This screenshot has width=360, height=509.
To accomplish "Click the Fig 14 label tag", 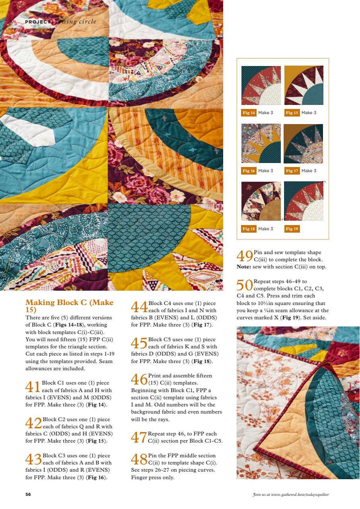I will click(x=249, y=113).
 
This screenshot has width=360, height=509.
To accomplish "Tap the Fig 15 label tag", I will click(x=292, y=113).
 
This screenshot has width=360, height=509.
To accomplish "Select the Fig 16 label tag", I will click(x=249, y=171).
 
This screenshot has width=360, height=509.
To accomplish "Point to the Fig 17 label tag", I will click(x=292, y=171).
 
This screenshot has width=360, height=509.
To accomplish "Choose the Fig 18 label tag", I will click(x=249, y=229).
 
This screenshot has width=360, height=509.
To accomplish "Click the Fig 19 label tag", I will click(x=292, y=229).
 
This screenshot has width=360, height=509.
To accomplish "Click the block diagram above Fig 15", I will click(x=304, y=85).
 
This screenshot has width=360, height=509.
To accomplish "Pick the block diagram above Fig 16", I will click(x=261, y=144).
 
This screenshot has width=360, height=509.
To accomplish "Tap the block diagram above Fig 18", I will click(x=261, y=201).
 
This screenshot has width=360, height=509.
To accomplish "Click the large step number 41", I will click(x=33, y=387).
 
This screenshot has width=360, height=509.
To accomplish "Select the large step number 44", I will click(x=139, y=307).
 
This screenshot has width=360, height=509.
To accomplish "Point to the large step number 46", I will click(x=139, y=379).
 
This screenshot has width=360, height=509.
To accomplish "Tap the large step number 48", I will click(x=139, y=459).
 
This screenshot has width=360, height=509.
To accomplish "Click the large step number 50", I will click(x=245, y=285).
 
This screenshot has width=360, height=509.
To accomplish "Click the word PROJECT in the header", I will click(x=37, y=22).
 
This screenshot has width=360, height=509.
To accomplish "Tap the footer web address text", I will click(x=290, y=495).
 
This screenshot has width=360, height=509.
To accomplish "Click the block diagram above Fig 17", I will click(x=304, y=144).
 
